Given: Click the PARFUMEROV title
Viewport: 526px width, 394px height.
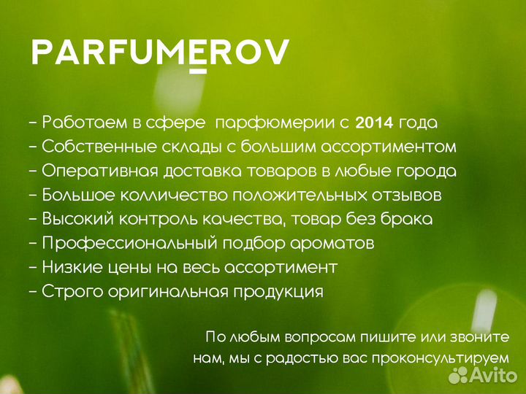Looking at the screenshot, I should click(x=160, y=52).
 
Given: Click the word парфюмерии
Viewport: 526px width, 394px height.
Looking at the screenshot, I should click(x=278, y=122).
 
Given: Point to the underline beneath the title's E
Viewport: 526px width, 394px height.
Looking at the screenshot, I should click(x=197, y=71).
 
